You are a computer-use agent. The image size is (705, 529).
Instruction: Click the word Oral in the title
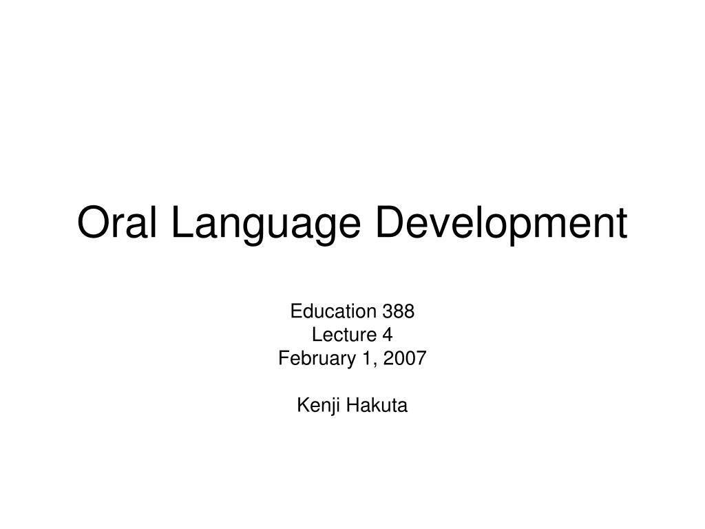coord(117,222)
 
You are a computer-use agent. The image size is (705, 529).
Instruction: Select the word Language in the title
coord(266,226)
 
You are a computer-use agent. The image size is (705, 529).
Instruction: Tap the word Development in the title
coord(501,226)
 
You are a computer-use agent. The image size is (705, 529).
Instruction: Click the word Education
coord(333,311)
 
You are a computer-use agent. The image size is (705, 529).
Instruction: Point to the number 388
coord(399,311)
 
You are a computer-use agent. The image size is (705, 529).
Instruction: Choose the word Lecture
coord(344,335)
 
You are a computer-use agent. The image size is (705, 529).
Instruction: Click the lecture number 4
coord(388,335)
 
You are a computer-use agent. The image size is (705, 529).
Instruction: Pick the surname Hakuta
coord(377,405)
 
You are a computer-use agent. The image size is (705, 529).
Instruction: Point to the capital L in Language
coord(182,222)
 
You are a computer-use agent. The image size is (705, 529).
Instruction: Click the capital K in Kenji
coord(303,405)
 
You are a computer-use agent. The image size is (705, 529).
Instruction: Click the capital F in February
coord(284,358)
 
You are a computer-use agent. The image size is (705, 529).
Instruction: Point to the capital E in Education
coord(296,311)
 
